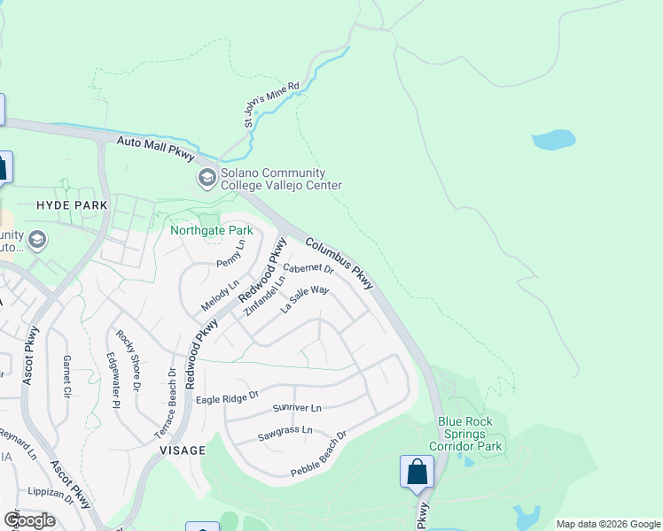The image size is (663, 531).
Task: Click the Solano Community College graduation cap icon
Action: click(x=207, y=179)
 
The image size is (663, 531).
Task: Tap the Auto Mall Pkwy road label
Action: click(x=156, y=148)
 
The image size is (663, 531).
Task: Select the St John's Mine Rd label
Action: click(x=272, y=105)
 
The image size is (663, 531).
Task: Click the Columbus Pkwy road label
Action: click(x=340, y=263)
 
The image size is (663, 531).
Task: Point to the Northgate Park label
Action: click(x=212, y=231)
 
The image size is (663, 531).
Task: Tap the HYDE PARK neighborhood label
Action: click(x=72, y=205)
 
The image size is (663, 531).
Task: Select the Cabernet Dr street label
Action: click(x=308, y=268)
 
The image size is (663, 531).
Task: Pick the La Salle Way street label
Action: click(x=305, y=300)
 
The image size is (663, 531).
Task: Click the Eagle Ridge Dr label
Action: click(x=227, y=396)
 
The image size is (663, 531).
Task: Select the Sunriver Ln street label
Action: click(x=297, y=409)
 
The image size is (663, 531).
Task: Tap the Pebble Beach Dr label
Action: click(x=318, y=455)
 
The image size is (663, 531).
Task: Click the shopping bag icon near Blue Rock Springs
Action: click(x=417, y=473)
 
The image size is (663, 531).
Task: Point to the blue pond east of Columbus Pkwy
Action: click(x=553, y=140)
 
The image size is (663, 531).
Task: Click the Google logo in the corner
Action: click(x=29, y=519)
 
